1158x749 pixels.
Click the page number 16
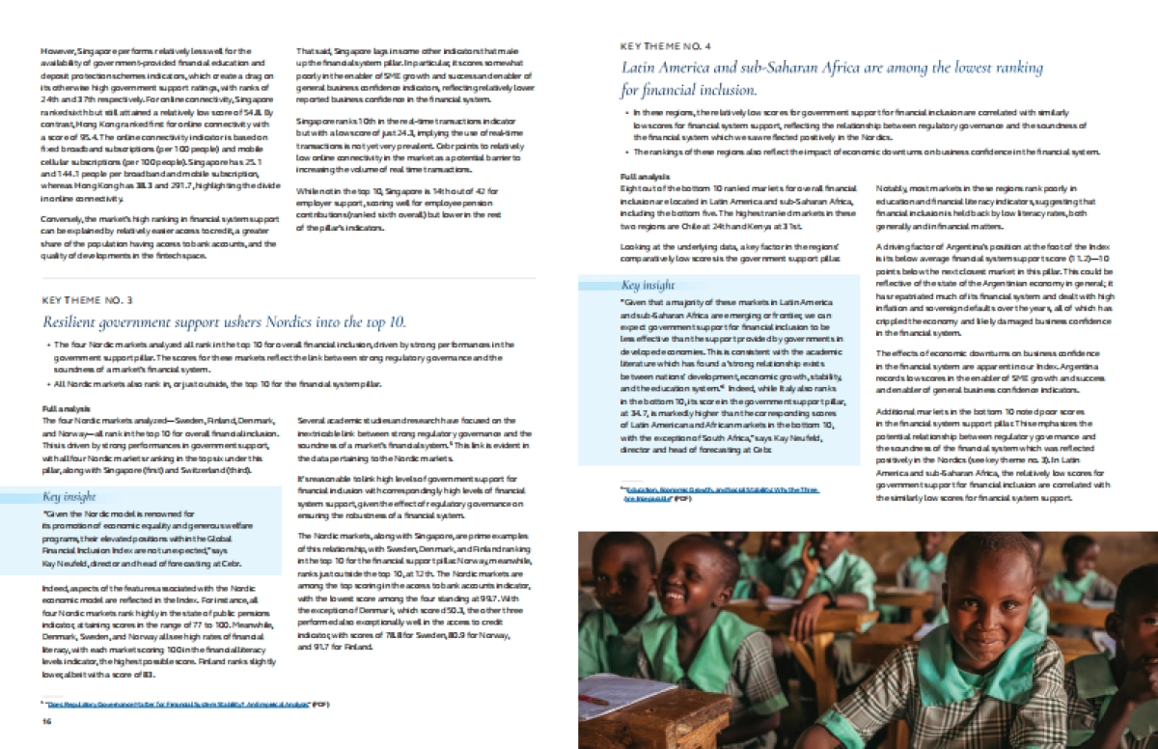pyautogui.click(x=45, y=723)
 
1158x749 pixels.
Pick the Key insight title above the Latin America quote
pyautogui.click(x=648, y=286)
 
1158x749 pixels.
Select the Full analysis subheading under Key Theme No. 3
pyautogui.click(x=64, y=409)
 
